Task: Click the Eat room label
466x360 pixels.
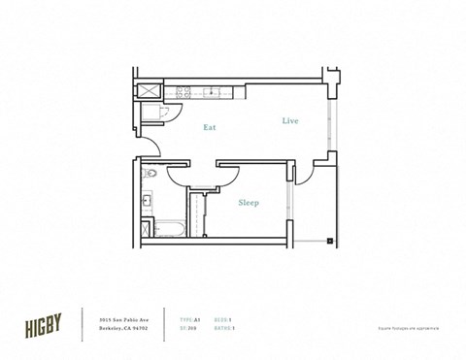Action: point(210,127)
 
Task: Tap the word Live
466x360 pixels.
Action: point(290,121)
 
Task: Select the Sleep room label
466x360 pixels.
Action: point(249,203)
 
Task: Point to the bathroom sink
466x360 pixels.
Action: point(147,202)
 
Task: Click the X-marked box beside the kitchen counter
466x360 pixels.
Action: point(150,90)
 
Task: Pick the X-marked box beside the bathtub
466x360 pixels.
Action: point(146,229)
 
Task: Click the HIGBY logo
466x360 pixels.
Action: point(44,323)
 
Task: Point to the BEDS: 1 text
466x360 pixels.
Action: point(222,318)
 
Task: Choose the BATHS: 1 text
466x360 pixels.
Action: point(224,329)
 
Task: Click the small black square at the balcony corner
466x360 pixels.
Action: point(330,240)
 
